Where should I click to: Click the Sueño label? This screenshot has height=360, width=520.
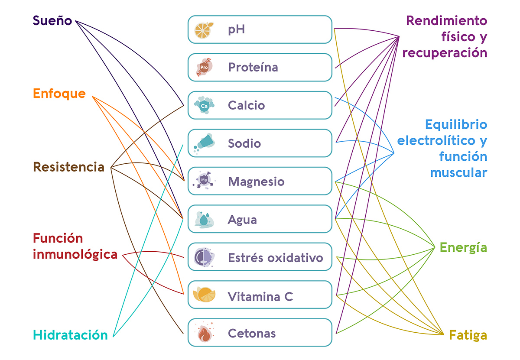click(52, 20)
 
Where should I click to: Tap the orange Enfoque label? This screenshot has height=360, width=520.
click(59, 94)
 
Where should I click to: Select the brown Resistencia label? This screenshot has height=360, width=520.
click(69, 167)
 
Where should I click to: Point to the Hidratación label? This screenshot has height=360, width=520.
click(70, 335)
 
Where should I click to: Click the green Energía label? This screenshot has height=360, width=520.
click(463, 247)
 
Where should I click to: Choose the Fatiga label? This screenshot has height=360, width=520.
click(468, 336)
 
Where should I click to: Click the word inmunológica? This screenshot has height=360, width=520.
click(75, 255)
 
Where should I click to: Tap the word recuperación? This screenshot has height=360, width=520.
click(445, 53)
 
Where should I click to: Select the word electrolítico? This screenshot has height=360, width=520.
click(436, 141)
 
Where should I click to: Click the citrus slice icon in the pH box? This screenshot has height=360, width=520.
click(204, 30)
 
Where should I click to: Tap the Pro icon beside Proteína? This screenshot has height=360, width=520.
click(204, 67)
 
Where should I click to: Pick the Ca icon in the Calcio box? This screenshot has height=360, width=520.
click(204, 105)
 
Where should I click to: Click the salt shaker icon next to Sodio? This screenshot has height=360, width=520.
click(204, 143)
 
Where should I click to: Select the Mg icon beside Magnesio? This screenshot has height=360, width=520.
click(204, 180)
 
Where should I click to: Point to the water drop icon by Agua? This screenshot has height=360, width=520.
click(204, 219)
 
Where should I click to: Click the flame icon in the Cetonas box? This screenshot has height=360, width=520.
click(204, 332)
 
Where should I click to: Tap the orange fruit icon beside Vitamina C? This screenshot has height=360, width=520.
click(204, 295)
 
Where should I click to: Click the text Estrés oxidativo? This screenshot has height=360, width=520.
click(276, 258)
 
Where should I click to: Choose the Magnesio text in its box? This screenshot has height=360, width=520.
click(256, 182)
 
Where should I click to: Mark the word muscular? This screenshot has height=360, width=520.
click(459, 173)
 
